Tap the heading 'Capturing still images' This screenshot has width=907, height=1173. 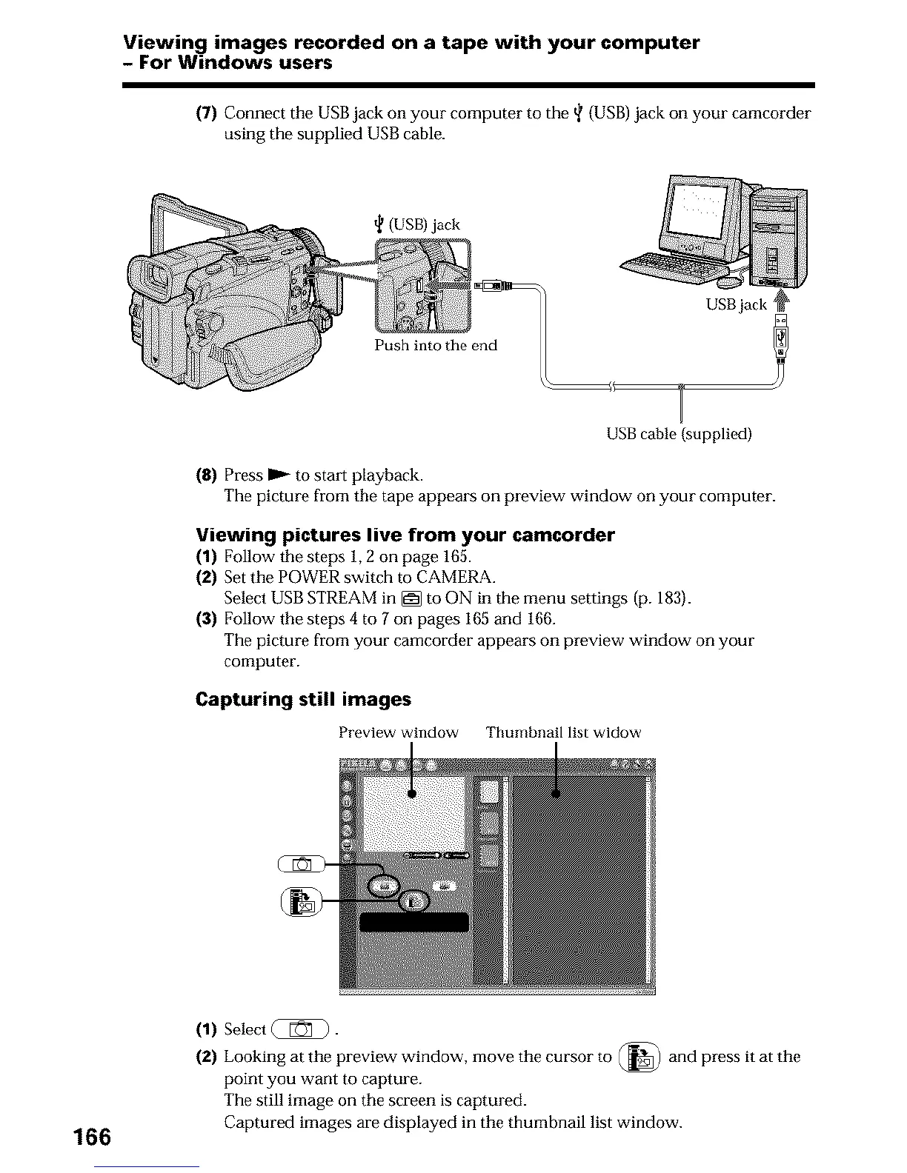[x=302, y=700]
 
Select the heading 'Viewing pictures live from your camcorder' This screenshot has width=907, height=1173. [x=405, y=535]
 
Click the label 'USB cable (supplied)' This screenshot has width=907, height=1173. [x=679, y=434]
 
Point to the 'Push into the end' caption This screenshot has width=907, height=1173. [x=435, y=346]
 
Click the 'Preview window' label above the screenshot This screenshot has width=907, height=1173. [x=398, y=732]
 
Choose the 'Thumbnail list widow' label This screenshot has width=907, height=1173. [x=563, y=732]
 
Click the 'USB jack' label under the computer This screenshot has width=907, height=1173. [x=736, y=305]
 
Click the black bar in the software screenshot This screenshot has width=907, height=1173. [x=414, y=921]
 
